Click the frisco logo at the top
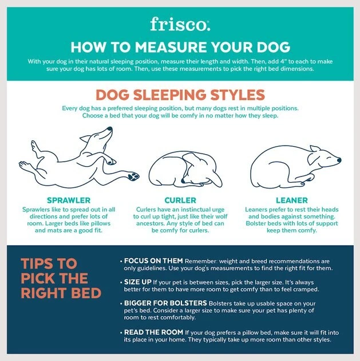pyautogui.click(x=180, y=23)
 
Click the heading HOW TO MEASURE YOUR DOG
pyautogui.click(x=180, y=46)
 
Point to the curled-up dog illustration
pyautogui.click(x=185, y=166)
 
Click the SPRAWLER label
pyautogui.click(x=69, y=201)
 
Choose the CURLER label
pyautogui.click(x=180, y=201)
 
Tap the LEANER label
pyautogui.click(x=292, y=201)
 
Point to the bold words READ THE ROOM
pyautogui.click(x=153, y=332)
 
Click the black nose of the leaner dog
pyautogui.click(x=339, y=160)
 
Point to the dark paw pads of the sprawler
pyautogui.click(x=134, y=176)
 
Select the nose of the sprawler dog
pyautogui.click(x=109, y=130)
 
